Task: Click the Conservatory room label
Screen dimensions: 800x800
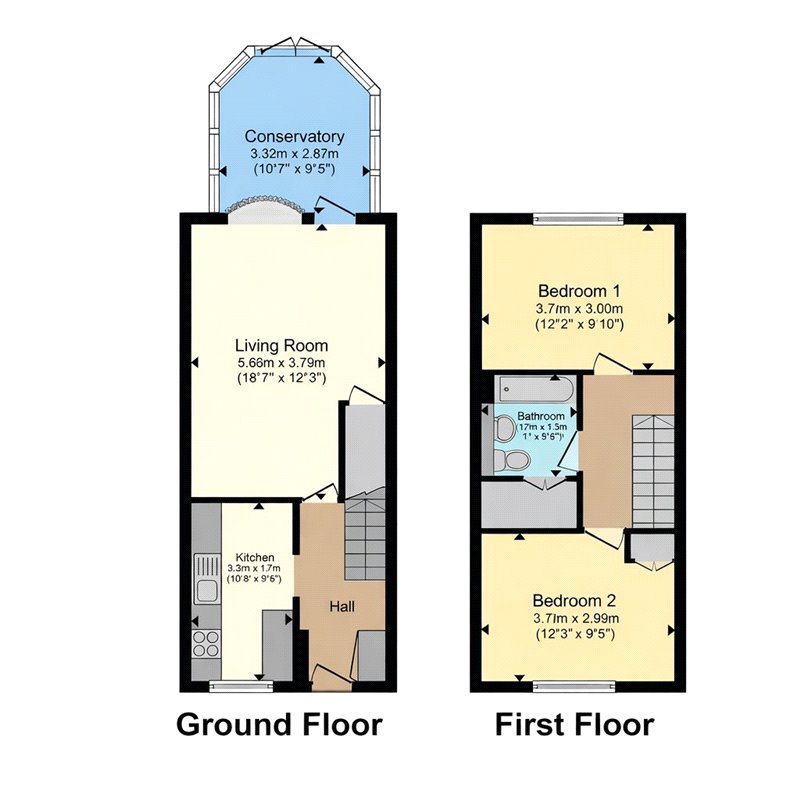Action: pos(295,137)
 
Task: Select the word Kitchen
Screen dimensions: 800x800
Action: pos(254,557)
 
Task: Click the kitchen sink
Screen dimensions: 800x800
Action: pos(208,579)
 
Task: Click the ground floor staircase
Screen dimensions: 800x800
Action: pos(365,540)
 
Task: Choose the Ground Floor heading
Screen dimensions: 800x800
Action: pos(279,725)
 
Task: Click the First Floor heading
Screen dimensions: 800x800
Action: pos(574,725)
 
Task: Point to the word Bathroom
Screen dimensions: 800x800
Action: pos(541,417)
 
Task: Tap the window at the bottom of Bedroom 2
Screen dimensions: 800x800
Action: pos(574,685)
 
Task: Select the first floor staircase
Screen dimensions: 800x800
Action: pos(653,470)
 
